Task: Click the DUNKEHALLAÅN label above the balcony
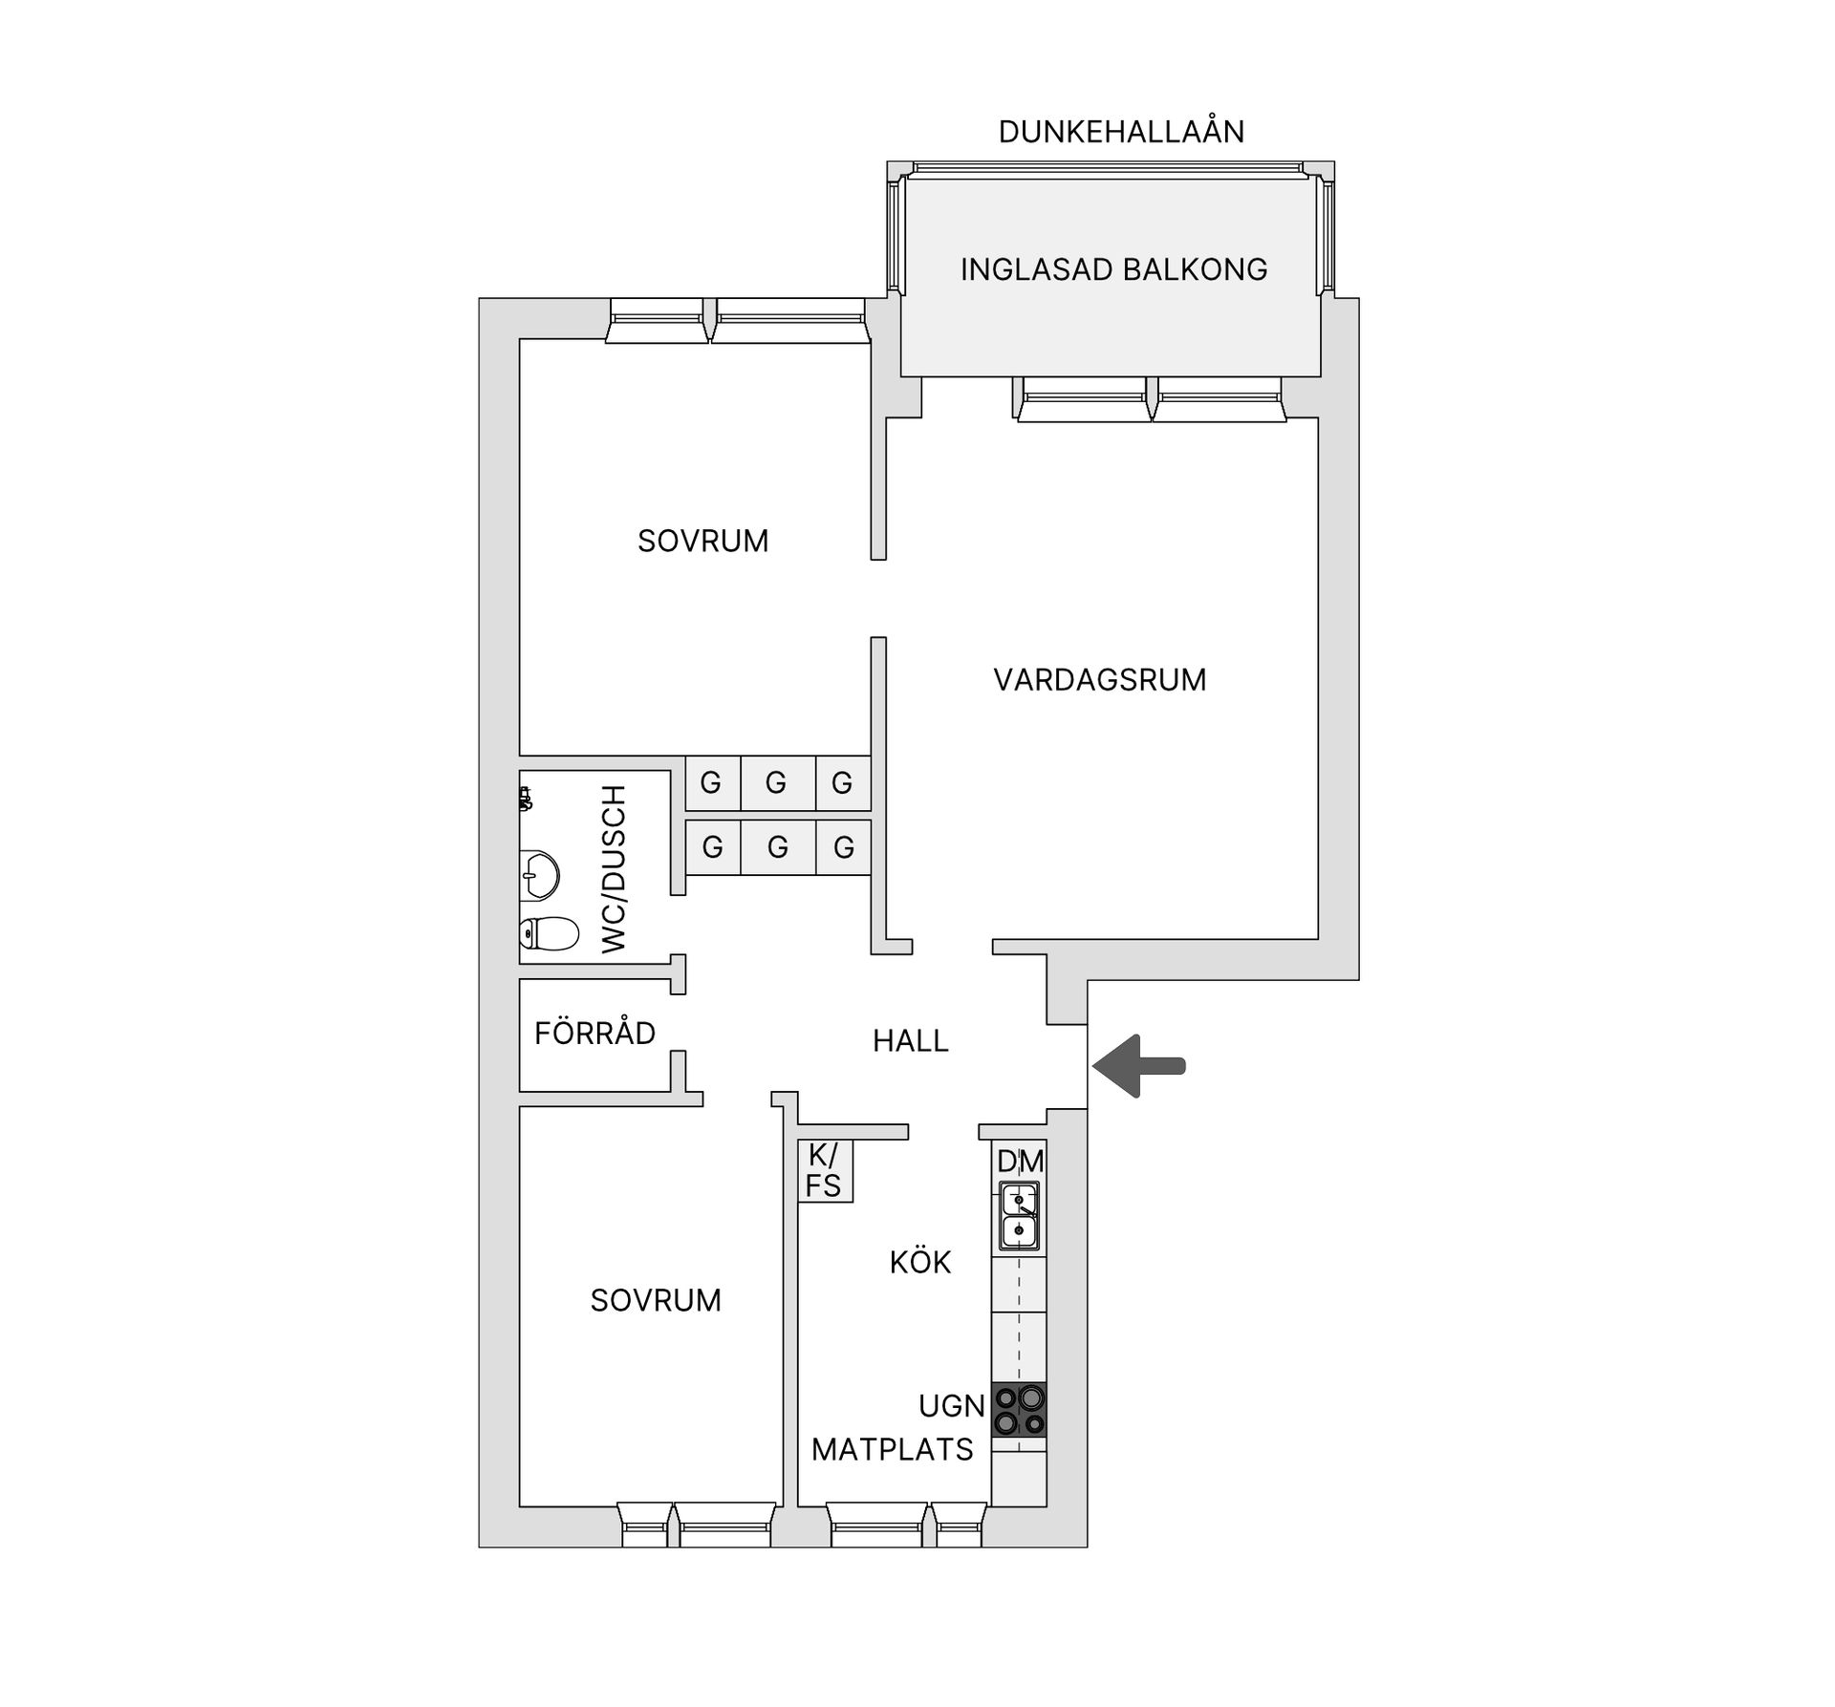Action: [1121, 131]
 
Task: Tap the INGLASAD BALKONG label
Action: [1113, 269]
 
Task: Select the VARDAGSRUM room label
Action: [1100, 679]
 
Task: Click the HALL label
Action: [910, 1040]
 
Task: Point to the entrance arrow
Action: [1138, 1065]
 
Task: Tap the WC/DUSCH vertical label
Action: [613, 869]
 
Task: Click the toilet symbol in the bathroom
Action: [550, 933]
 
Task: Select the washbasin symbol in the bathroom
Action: [539, 874]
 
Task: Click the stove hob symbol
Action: [1019, 1410]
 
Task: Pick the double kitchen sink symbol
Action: [1019, 1216]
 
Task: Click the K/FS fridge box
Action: [825, 1170]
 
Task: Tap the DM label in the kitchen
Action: [1020, 1162]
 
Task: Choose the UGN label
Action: [952, 1405]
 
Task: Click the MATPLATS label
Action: [892, 1449]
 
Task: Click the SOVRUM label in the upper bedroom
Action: [702, 541]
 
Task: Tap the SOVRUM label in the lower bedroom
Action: [656, 1300]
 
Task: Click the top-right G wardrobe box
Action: [843, 783]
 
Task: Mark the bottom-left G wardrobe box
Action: [712, 846]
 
